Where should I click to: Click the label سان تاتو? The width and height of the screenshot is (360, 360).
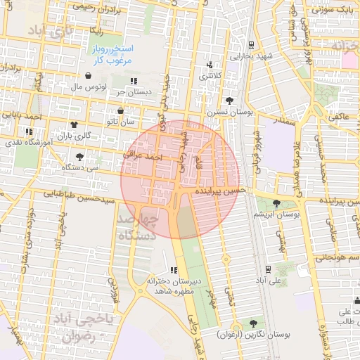(x=119, y=122)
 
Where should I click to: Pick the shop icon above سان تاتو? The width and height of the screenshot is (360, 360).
(x=120, y=111)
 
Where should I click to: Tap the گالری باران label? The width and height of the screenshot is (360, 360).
(x=75, y=134)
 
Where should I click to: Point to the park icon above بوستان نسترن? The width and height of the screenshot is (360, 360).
(x=230, y=101)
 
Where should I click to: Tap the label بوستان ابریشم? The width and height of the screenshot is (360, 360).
(x=277, y=213)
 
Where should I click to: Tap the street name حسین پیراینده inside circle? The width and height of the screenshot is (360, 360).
(x=221, y=191)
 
